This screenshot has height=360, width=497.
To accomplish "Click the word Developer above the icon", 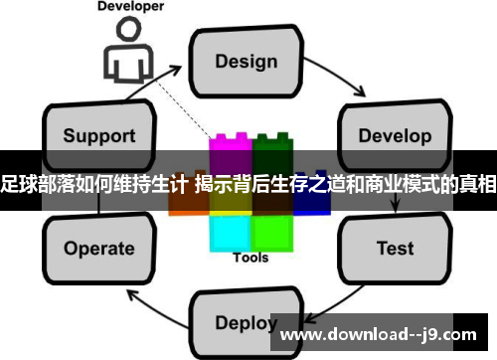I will (x=129, y=6).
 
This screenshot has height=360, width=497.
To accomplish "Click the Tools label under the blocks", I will (x=250, y=259).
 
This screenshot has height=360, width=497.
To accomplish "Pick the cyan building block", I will (x=231, y=231).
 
